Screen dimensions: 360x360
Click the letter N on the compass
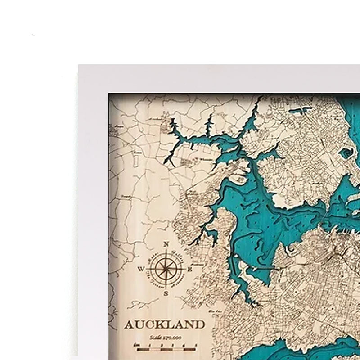(166, 244)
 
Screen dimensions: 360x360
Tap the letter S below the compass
(166, 293)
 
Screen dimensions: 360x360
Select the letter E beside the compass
(190, 269)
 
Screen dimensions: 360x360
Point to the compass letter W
(141, 270)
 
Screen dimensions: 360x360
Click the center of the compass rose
(166, 269)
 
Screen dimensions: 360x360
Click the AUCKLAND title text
(164, 324)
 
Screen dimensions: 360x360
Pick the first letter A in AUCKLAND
(129, 324)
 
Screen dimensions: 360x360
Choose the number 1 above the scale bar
(150, 345)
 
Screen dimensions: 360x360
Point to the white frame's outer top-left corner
(78, 65)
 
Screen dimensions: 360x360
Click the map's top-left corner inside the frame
(109, 94)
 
